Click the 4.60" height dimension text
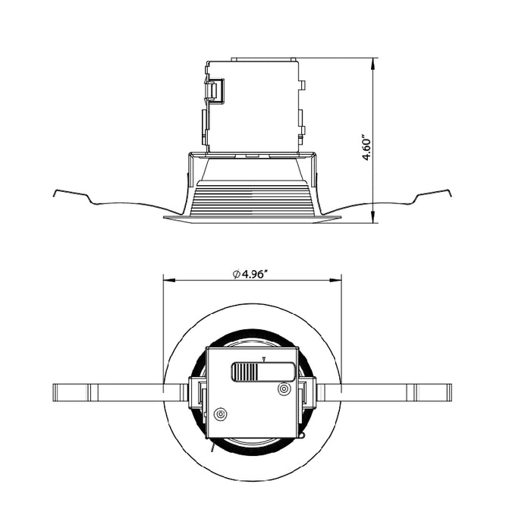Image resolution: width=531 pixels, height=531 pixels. tap(367, 149)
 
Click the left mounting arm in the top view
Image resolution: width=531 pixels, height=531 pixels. tap(114, 393)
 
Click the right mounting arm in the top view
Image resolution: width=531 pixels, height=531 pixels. tap(387, 393)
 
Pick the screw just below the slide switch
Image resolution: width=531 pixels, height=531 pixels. tap(284, 389)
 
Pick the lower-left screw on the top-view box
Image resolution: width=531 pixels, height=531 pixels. tap(221, 415)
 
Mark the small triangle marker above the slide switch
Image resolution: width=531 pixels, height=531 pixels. tap(263, 357)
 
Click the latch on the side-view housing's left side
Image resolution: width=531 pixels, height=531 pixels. tap(215, 92)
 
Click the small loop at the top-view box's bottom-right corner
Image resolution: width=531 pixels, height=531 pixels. tap(301, 436)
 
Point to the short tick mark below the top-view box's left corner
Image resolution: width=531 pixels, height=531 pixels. tap(212, 448)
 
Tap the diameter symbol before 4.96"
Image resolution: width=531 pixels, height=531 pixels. tap(236, 274)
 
